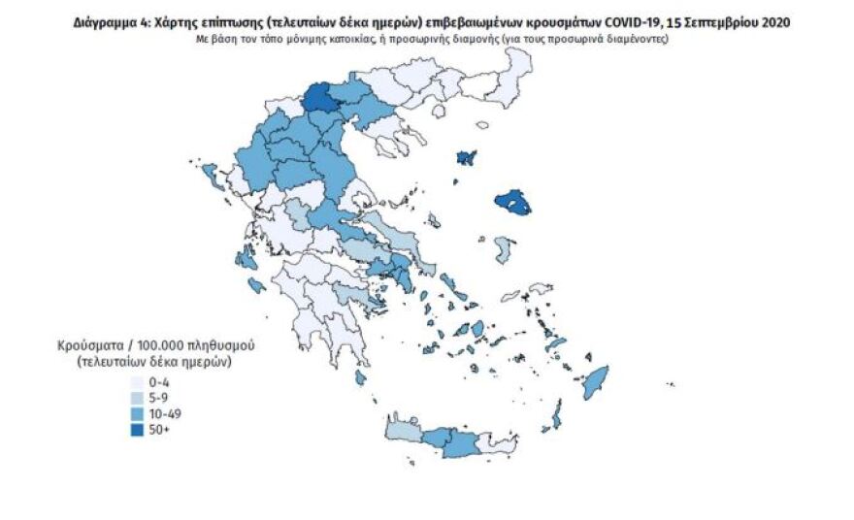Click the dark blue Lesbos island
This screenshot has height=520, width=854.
[512, 203]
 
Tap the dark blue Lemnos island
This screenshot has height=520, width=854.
[467, 156]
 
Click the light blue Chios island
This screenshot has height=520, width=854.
[502, 248]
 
